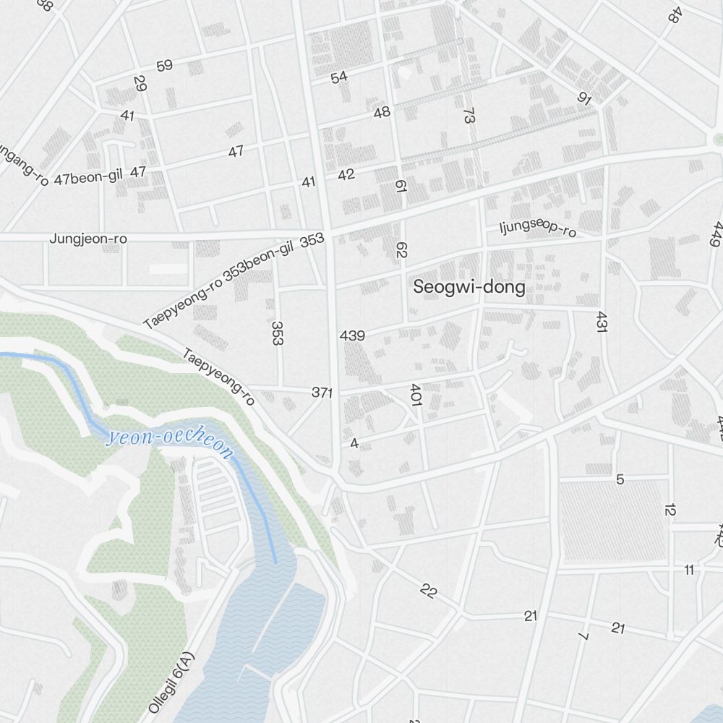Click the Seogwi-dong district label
click(469, 287)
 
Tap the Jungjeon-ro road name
click(88, 238)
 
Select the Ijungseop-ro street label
click(538, 228)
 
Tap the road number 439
click(352, 335)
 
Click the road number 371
click(322, 393)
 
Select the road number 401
click(415, 395)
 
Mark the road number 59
click(164, 66)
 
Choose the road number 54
click(339, 77)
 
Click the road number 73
click(469, 116)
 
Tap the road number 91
click(585, 98)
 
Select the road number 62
click(402, 250)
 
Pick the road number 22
click(428, 591)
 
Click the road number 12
click(669, 510)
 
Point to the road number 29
click(140, 83)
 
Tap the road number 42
click(346, 174)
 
